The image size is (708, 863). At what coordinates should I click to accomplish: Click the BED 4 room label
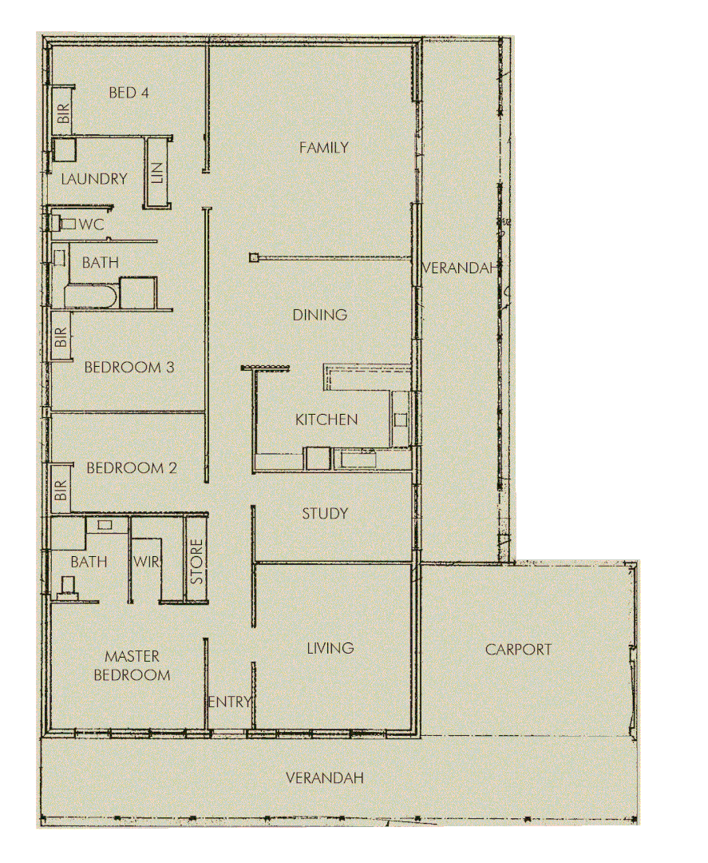click(x=129, y=93)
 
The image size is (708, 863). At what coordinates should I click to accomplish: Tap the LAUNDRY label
click(x=94, y=179)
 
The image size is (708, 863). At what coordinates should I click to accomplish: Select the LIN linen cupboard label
click(x=156, y=173)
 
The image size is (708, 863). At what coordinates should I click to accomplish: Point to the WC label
click(x=93, y=225)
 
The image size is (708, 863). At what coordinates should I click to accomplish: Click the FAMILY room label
click(x=324, y=147)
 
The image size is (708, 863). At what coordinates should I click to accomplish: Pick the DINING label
click(x=319, y=315)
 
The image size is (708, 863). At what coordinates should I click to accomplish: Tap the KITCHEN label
click(x=326, y=420)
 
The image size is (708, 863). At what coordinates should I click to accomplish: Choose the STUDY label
click(x=325, y=514)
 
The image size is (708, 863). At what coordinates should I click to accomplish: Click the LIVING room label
click(x=330, y=648)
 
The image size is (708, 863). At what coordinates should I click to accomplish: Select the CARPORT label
click(x=518, y=650)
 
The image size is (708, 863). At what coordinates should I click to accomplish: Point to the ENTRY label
click(x=230, y=702)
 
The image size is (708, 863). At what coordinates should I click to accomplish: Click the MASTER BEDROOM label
click(x=133, y=666)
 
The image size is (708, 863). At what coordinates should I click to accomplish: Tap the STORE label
click(x=197, y=562)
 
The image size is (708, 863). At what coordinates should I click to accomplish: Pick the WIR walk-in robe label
click(x=147, y=562)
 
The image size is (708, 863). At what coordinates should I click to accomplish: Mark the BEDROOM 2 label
click(x=131, y=468)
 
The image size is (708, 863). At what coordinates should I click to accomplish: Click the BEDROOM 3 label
click(x=129, y=368)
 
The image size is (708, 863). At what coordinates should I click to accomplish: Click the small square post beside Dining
click(x=254, y=257)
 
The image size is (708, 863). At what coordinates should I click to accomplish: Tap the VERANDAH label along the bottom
click(x=325, y=777)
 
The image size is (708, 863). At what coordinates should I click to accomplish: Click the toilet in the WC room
click(x=66, y=224)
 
